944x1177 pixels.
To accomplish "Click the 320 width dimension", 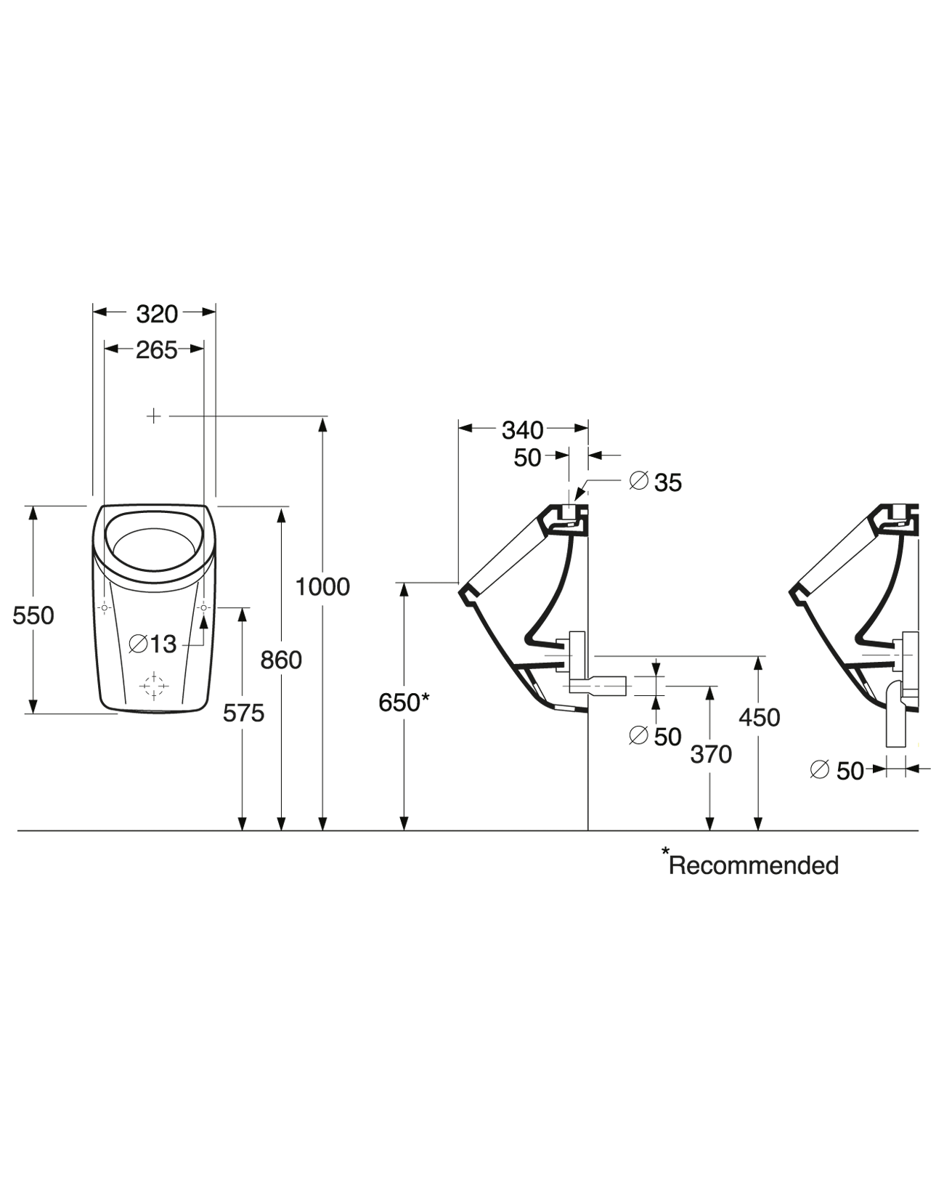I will (x=157, y=314).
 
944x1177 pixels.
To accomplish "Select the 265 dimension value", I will (x=157, y=350).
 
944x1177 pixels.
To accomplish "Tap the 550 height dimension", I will (x=33, y=615).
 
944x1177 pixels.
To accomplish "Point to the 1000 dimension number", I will (x=322, y=586).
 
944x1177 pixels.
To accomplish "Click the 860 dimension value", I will (x=281, y=660).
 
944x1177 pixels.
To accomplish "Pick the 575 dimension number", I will (x=243, y=713).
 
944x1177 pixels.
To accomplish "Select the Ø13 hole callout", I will (x=152, y=643).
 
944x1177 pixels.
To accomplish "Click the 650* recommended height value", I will (x=404, y=703).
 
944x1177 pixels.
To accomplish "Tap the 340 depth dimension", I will (x=522, y=430).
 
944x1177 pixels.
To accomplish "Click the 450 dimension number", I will (x=759, y=718).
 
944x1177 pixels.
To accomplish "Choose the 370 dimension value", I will (x=711, y=755).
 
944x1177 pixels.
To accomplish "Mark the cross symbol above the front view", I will (x=154, y=416).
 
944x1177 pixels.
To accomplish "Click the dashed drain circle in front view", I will (x=154, y=685).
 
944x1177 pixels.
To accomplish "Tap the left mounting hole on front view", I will (x=105, y=607).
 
